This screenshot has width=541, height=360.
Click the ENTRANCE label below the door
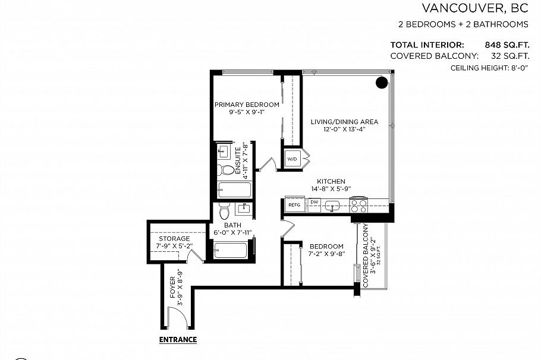coord(178,340)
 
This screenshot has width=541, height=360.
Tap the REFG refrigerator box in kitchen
coord(294,205)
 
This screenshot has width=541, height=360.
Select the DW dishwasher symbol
coord(314,203)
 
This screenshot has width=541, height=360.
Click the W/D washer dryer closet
coord(292,159)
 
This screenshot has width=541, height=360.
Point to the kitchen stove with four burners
coord(359,204)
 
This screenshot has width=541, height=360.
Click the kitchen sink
coord(333,206)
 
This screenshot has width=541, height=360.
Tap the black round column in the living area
coord(382,83)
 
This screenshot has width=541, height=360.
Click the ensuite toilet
coord(225,170)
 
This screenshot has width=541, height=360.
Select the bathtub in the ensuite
coord(234,190)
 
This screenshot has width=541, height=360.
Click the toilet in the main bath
coord(224,212)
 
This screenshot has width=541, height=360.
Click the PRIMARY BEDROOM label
coord(247,105)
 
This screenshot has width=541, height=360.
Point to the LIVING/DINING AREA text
coord(344,122)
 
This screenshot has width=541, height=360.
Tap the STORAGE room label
coord(174,238)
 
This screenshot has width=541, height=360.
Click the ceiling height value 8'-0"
coord(514,68)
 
